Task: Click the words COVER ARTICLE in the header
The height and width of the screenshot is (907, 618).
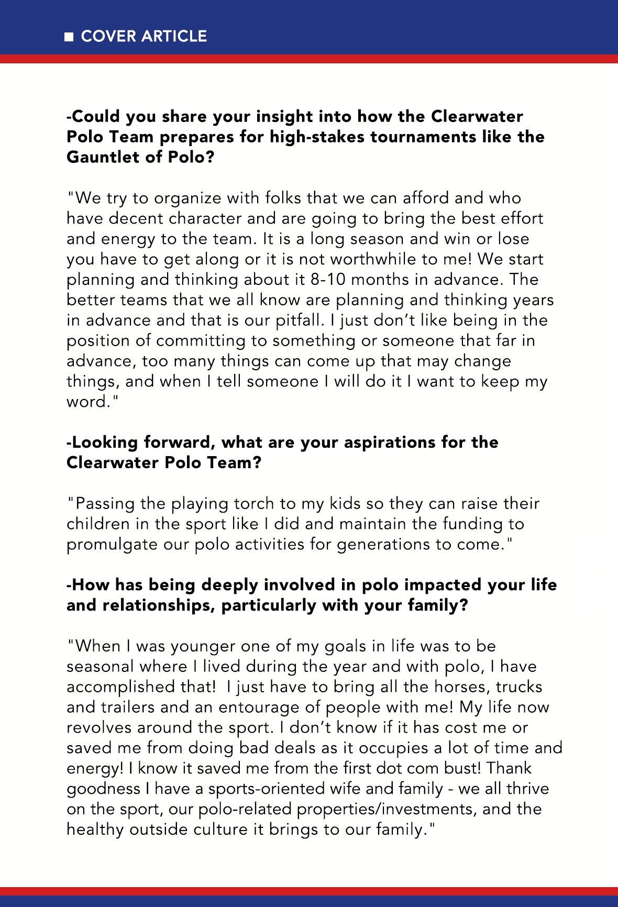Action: point(144,36)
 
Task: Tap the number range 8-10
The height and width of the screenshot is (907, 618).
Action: point(328,279)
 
